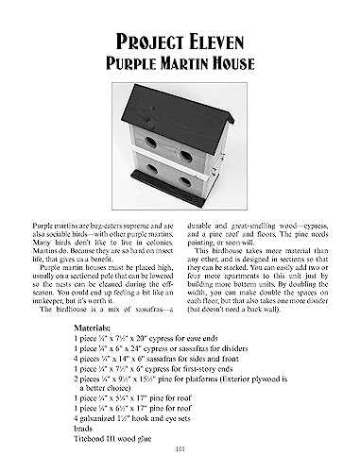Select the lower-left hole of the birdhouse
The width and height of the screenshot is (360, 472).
[149, 181]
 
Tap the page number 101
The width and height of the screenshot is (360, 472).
[180, 460]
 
